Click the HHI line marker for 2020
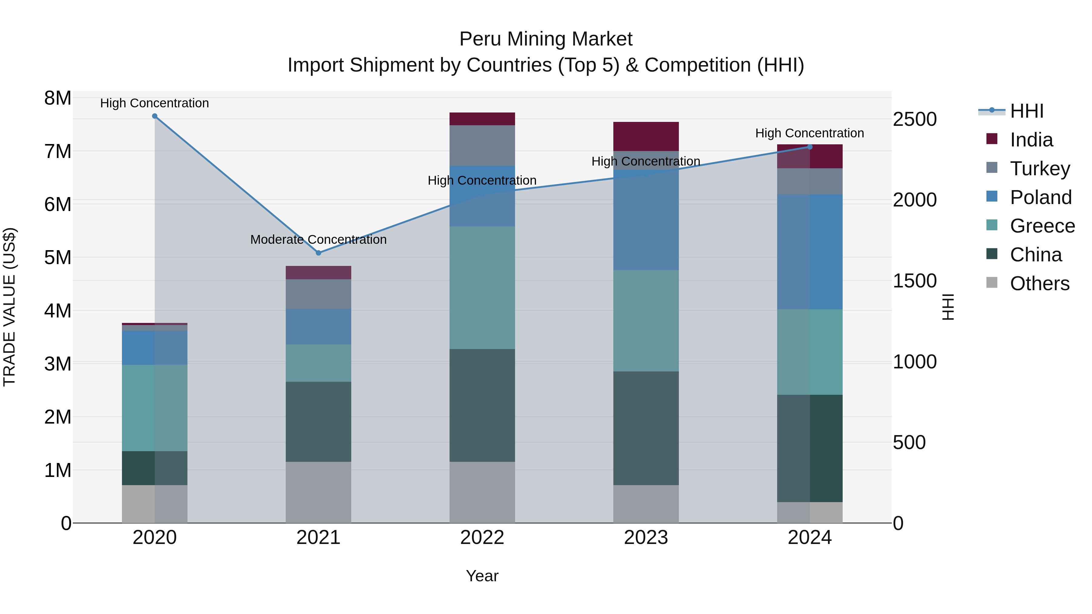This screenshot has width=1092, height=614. tap(155, 116)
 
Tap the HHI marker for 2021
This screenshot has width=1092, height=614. tap(319, 253)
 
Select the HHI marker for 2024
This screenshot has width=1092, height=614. tap(810, 147)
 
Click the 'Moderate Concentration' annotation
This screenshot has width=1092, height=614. tap(318, 240)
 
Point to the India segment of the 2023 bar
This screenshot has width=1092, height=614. tap(645, 136)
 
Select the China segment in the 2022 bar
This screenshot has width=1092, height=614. tap(482, 405)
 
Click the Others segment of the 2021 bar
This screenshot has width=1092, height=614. tap(318, 492)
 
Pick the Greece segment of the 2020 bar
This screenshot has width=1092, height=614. tap(155, 408)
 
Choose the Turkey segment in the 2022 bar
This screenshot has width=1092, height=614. tap(482, 145)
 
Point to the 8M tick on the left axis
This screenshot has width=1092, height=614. tap(58, 98)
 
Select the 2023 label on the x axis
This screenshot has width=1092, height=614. tap(645, 538)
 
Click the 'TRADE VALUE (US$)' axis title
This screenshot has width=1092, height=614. tap(9, 307)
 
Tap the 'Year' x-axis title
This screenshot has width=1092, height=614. tap(482, 576)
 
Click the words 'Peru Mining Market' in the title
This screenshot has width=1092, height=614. tap(546, 39)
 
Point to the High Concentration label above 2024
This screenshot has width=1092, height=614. tap(809, 133)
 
